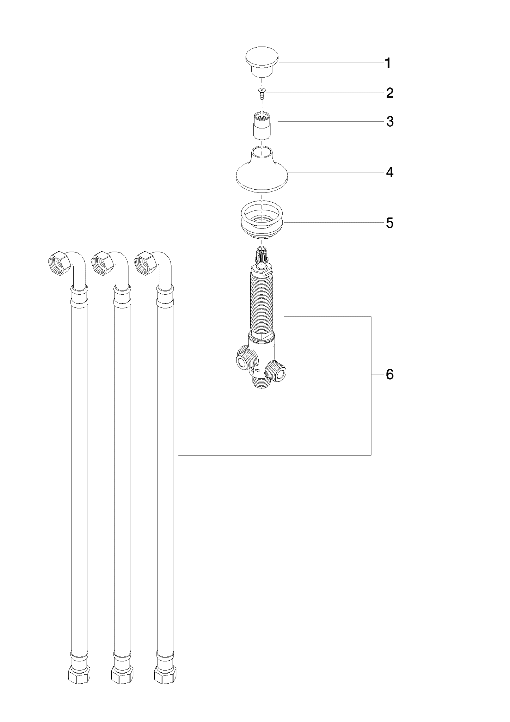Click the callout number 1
[388, 63]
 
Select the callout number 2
[389, 93]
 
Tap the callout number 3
[389, 122]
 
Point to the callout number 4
[389, 172]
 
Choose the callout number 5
[389, 223]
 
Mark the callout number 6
[389, 374]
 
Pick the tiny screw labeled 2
[262, 93]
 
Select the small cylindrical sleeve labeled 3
[262, 125]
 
